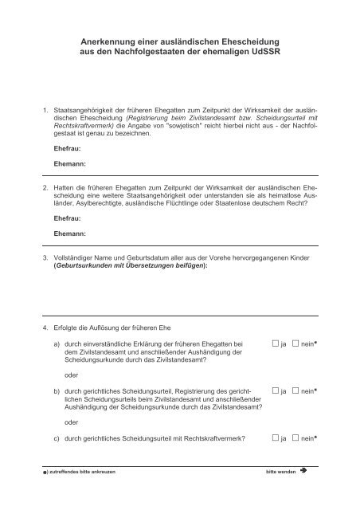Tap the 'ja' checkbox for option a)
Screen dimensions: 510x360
274,343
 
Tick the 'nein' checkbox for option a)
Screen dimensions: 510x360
296,343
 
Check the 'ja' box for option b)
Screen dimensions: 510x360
274,392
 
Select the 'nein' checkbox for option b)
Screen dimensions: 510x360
296,392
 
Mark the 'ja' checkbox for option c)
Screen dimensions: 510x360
274,437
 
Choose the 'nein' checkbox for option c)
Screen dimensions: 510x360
296,437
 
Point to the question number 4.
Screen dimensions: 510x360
45,328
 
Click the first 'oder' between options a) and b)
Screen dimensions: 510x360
71,374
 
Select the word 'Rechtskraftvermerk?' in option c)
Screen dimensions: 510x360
217,437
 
